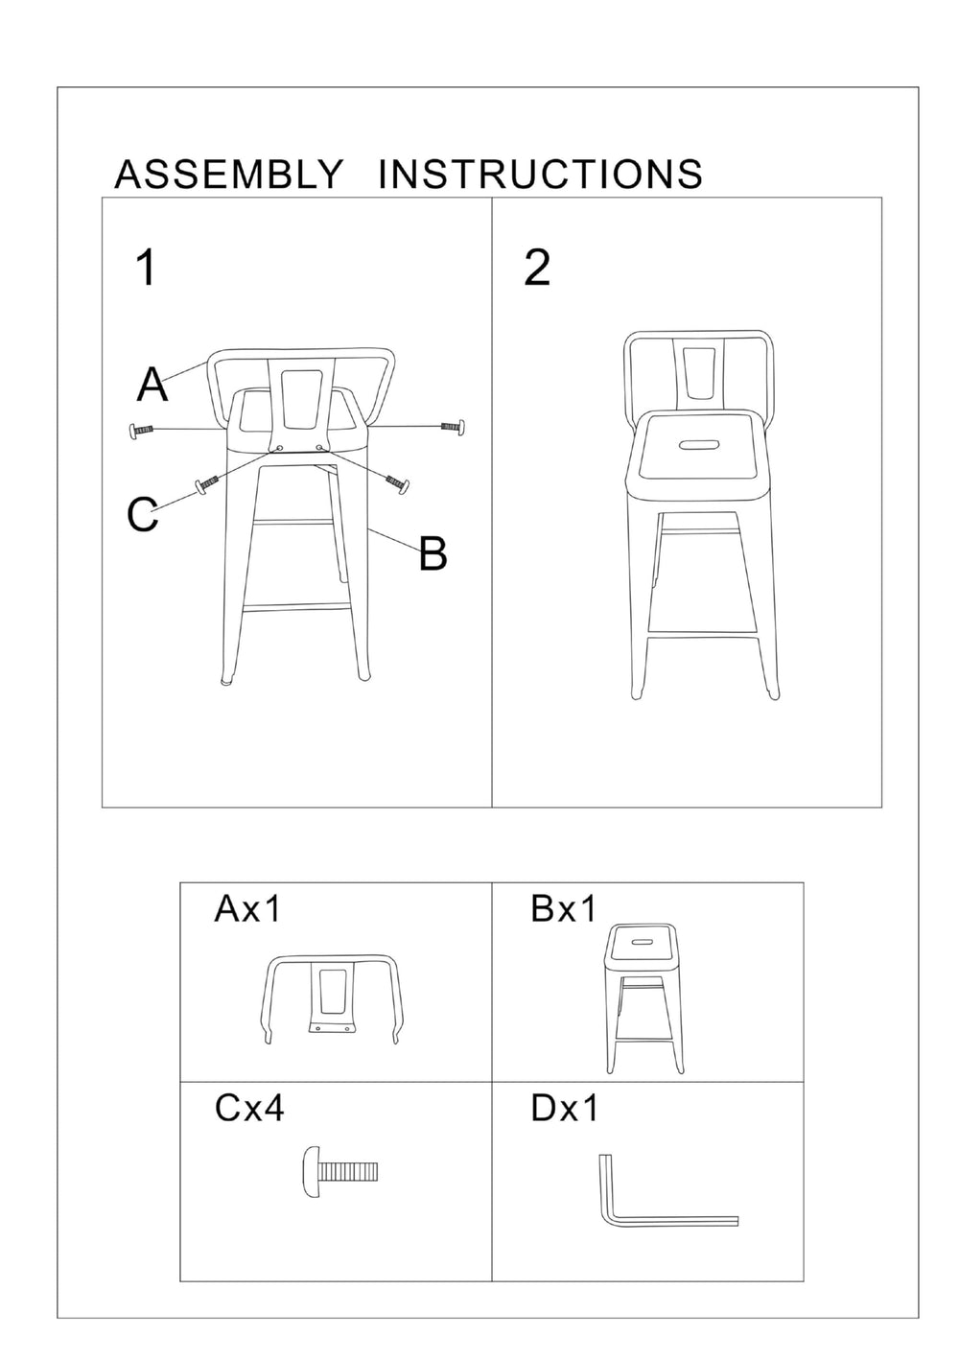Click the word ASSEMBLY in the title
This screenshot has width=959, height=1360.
tap(228, 175)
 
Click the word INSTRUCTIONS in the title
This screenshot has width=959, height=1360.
tap(541, 175)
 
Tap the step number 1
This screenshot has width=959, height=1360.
tap(146, 268)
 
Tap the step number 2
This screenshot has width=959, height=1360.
tap(537, 268)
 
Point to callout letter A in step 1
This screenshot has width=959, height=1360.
tap(152, 385)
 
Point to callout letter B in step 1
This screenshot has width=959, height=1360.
tap(433, 553)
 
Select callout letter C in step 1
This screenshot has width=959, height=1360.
tap(142, 515)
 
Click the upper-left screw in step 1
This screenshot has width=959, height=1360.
tap(141, 431)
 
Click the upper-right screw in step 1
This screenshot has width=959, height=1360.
tap(452, 425)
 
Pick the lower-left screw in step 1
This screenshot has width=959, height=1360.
tap(208, 483)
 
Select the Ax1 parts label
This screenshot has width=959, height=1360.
tap(247, 908)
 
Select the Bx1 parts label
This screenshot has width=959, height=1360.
tap(564, 908)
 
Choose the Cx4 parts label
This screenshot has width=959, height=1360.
tap(249, 1109)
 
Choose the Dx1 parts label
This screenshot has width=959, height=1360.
tap(564, 1109)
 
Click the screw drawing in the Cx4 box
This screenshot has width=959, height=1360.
tap(341, 1171)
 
